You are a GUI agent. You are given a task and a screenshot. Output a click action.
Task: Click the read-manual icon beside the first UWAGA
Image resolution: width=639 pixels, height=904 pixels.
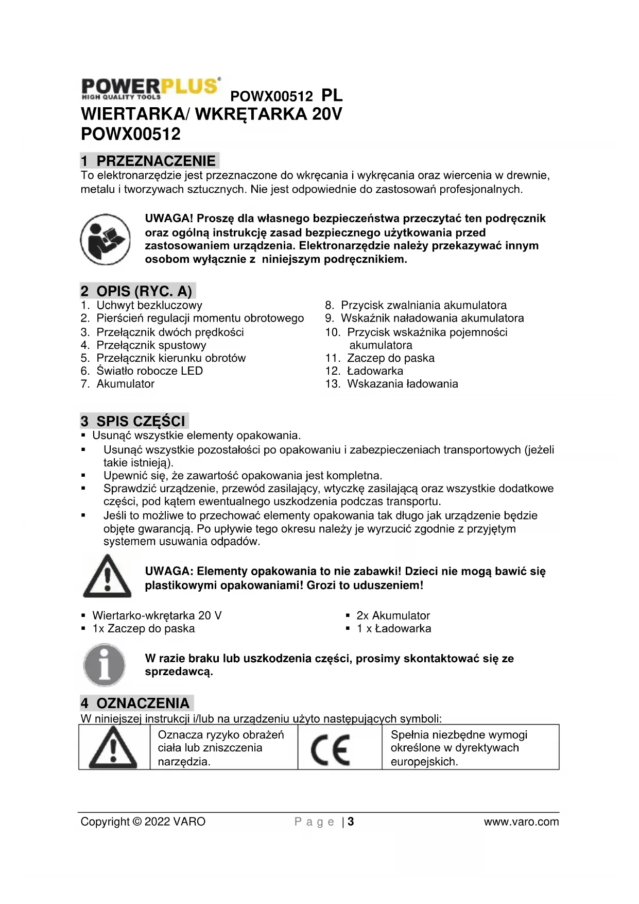pyautogui.click(x=105, y=239)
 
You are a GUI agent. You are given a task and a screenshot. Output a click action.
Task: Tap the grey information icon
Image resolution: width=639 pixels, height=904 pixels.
pyautogui.click(x=104, y=665)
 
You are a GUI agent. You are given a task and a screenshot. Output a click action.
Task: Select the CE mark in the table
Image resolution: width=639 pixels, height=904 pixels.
pyautogui.click(x=330, y=748)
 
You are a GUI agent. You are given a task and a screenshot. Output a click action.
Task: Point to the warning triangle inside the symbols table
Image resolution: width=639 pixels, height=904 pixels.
pyautogui.click(x=113, y=748)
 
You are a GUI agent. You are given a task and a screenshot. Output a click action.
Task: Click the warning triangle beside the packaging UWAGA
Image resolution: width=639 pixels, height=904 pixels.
pyautogui.click(x=107, y=577)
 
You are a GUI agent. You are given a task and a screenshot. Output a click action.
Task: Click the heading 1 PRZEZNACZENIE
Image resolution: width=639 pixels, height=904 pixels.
pyautogui.click(x=149, y=161)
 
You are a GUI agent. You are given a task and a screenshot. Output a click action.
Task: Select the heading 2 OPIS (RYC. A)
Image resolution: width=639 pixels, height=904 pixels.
pyautogui.click(x=137, y=291)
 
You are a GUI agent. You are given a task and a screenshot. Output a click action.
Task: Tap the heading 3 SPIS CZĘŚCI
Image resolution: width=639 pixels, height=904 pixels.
pyautogui.click(x=134, y=421)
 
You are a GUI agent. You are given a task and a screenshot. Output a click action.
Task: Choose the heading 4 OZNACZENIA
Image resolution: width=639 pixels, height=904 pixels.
pyautogui.click(x=136, y=704)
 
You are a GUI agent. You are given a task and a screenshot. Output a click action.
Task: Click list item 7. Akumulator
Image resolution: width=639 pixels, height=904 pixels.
pyautogui.click(x=118, y=384)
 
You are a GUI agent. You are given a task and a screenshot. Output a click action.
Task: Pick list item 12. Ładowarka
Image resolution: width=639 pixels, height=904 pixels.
pyautogui.click(x=365, y=371)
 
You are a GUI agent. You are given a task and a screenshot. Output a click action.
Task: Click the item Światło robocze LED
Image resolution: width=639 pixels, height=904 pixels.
pyautogui.click(x=142, y=371)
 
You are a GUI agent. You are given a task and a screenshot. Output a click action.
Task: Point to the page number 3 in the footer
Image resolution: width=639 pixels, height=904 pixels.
pyautogui.click(x=351, y=822)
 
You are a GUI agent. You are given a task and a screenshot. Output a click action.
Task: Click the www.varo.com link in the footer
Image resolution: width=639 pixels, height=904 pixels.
pyautogui.click(x=521, y=822)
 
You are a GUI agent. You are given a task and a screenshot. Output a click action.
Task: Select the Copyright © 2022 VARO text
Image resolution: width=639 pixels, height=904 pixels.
pyautogui.click(x=143, y=822)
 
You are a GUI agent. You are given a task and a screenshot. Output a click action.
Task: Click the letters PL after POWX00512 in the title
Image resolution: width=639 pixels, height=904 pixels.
pyautogui.click(x=332, y=95)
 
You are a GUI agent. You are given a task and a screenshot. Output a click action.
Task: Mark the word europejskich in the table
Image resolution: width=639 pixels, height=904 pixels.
pyautogui.click(x=424, y=762)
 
